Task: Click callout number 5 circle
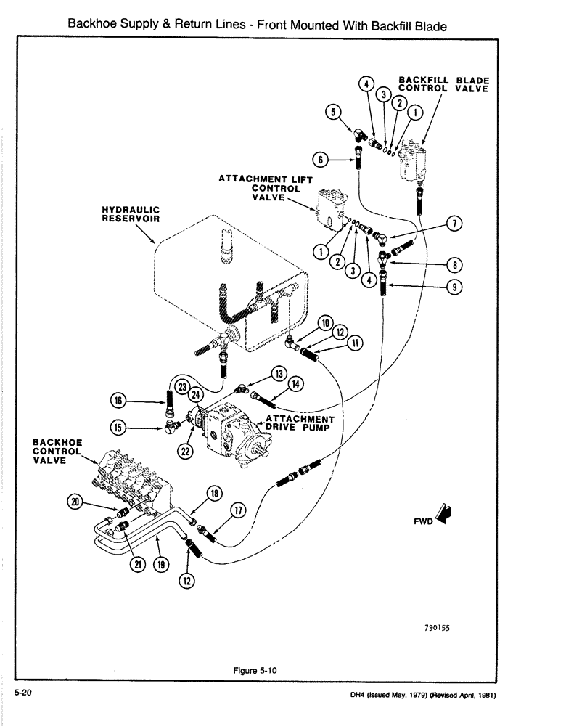pyautogui.click(x=333, y=113)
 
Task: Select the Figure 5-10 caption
pyautogui.click(x=254, y=671)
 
